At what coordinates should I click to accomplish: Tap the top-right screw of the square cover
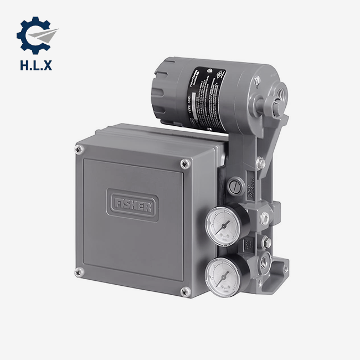tap(184, 163)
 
